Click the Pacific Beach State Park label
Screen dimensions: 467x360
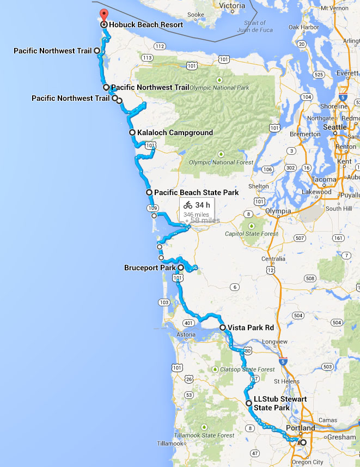[196, 192]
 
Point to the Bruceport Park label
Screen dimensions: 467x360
[150, 268]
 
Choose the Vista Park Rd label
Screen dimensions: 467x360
[250, 327]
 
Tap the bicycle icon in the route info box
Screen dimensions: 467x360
[188, 205]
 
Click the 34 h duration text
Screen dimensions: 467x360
[203, 205]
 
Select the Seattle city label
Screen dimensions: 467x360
[335, 127]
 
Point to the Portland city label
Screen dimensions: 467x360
[300, 428]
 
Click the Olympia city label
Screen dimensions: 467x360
[278, 211]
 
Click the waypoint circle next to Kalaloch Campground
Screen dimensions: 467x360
[132, 132]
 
